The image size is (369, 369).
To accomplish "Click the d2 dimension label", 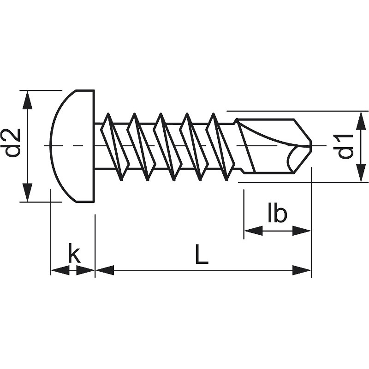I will pyautogui.click(x=13, y=143).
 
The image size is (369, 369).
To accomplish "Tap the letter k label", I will pyautogui.click(x=74, y=254).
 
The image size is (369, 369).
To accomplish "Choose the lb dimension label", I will pyautogui.click(x=277, y=214).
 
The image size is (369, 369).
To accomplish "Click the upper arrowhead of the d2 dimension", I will pyautogui.click(x=28, y=100).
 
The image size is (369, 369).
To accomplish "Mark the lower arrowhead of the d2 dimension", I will pyautogui.click(x=28, y=192).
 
